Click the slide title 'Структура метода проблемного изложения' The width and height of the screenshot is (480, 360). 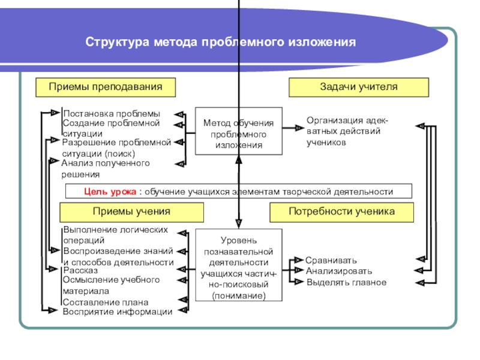point(220,44)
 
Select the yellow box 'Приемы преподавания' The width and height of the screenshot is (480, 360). point(106,87)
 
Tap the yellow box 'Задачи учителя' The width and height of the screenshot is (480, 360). point(359,87)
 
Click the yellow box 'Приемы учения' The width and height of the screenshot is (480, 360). point(131,212)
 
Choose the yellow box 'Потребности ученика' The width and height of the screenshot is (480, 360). point(341,212)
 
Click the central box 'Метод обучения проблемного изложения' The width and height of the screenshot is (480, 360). point(238,134)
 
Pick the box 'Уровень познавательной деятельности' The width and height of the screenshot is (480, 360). point(238,265)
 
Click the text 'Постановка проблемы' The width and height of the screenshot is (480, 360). point(112,113)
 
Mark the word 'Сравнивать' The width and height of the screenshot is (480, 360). point(331,260)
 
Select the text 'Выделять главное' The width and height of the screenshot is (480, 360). point(346,282)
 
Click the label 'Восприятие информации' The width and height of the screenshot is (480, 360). point(117,311)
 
